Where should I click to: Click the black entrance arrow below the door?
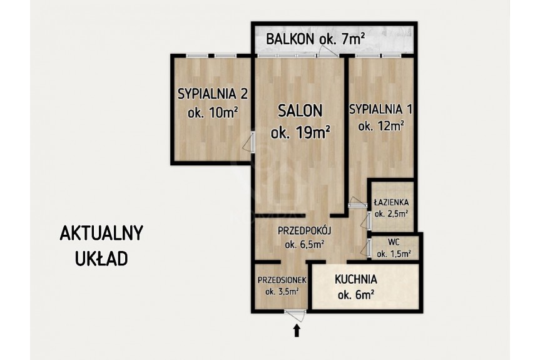click(297, 331)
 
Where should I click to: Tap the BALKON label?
click(290, 39)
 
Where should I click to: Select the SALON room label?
click(300, 111)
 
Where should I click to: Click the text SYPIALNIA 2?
click(213, 94)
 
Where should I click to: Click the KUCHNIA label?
click(356, 279)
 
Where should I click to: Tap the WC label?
click(394, 242)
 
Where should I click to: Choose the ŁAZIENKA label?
click(392, 202)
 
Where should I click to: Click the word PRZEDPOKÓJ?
click(305, 230)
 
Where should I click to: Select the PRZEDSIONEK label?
click(282, 280)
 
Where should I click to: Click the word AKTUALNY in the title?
click(101, 234)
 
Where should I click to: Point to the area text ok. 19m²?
click(300, 132)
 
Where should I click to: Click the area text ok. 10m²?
click(213, 112)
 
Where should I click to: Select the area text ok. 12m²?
click(381, 126)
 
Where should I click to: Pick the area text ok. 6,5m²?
click(305, 244)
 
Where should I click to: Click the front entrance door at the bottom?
click(295, 315)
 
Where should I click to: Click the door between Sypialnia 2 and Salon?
click(249, 142)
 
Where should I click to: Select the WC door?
click(366, 247)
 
